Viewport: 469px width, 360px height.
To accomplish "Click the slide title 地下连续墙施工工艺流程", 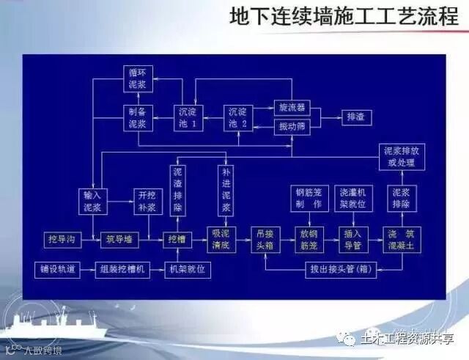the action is (x=343, y=18).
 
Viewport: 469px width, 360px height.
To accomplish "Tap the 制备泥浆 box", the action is (x=137, y=117).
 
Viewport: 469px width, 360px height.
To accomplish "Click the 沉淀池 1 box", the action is (x=187, y=117).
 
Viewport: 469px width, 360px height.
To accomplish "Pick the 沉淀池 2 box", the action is (x=237, y=117).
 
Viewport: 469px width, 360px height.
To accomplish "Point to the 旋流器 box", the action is (x=291, y=108).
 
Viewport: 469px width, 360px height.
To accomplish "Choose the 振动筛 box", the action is (x=291, y=127).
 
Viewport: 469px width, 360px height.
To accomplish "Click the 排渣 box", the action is (x=357, y=117).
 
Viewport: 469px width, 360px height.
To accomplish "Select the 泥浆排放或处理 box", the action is (x=400, y=156).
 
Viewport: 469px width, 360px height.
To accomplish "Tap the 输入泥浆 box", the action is (x=96, y=201).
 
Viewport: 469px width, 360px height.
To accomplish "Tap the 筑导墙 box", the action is (x=116, y=240).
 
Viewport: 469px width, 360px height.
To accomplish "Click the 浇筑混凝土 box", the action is (x=401, y=240).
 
